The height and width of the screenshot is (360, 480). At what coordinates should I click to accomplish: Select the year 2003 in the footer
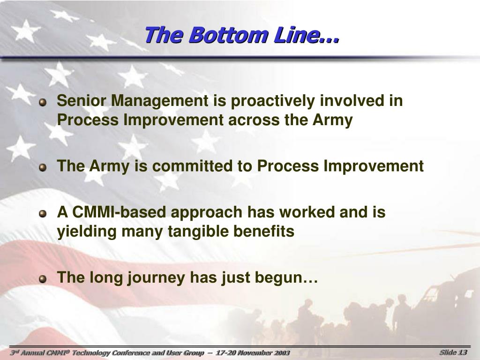click(281, 353)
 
